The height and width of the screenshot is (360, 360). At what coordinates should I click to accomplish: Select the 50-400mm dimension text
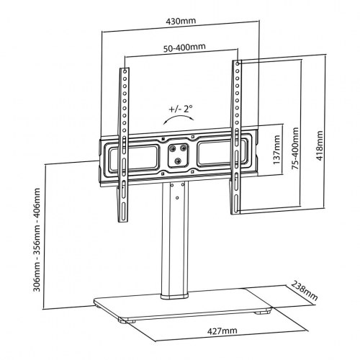tap(181, 48)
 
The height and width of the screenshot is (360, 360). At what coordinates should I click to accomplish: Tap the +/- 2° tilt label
tap(180, 109)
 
